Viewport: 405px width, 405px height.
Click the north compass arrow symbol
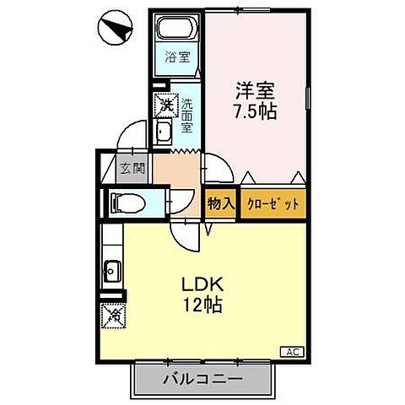click(113, 30)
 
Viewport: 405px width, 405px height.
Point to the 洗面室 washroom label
click(189, 116)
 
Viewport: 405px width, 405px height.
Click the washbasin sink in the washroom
click(165, 132)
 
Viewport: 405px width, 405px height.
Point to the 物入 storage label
click(220, 204)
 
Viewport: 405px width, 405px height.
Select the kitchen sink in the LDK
click(112, 272)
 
